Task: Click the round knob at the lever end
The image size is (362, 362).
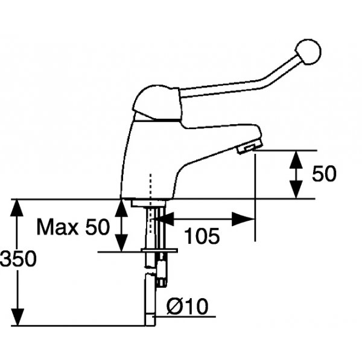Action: click(308, 52)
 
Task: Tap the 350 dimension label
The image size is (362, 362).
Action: click(18, 259)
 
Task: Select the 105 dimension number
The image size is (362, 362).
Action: click(202, 236)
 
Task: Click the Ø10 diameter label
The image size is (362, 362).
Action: click(187, 306)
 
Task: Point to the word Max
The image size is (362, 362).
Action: click(60, 227)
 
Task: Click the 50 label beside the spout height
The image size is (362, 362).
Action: click(324, 173)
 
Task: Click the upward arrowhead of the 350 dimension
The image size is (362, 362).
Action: click(17, 208)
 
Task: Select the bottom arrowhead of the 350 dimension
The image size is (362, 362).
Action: click(17, 317)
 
